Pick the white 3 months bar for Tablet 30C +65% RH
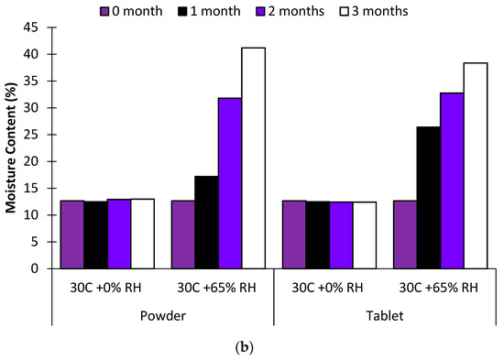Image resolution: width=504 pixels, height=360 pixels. [x=475, y=165]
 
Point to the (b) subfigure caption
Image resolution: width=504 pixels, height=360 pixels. [x=251, y=347]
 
